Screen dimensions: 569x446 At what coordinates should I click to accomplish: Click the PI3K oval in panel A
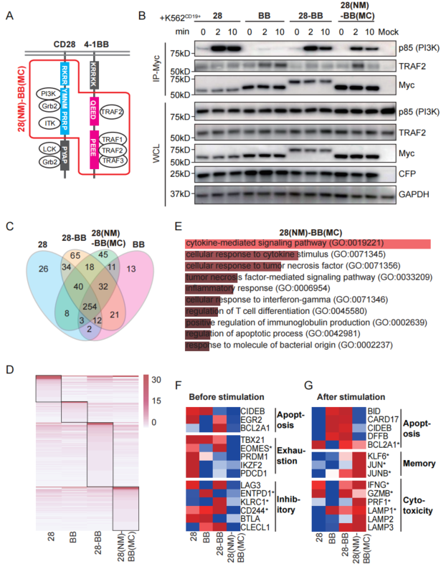(x=49, y=93)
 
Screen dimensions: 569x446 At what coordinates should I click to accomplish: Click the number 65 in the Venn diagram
(x=75, y=254)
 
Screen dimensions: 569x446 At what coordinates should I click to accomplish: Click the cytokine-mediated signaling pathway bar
(x=307, y=244)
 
